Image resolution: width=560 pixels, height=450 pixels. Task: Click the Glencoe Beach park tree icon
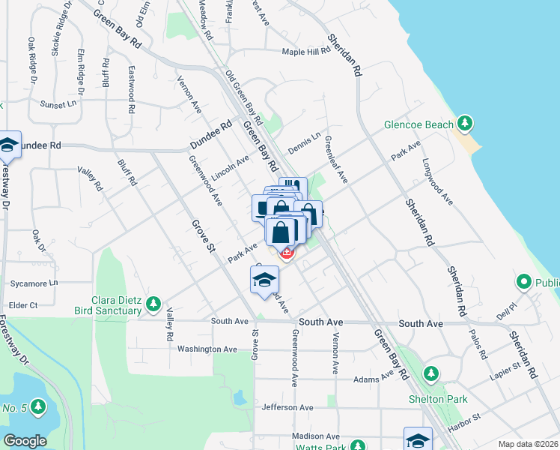(465, 122)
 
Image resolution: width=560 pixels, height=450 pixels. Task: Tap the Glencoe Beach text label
(419, 124)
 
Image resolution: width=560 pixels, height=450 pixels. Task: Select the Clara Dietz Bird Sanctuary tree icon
(153, 304)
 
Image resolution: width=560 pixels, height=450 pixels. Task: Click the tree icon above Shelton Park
(430, 373)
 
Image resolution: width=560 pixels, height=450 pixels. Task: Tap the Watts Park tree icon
(358, 446)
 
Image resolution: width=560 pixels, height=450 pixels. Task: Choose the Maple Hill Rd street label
(306, 52)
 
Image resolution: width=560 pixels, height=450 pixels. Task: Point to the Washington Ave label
(207, 349)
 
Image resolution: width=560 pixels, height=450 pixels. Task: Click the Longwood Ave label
(437, 181)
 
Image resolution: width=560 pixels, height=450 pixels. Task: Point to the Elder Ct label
(22, 305)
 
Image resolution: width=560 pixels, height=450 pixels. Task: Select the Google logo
(25, 441)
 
